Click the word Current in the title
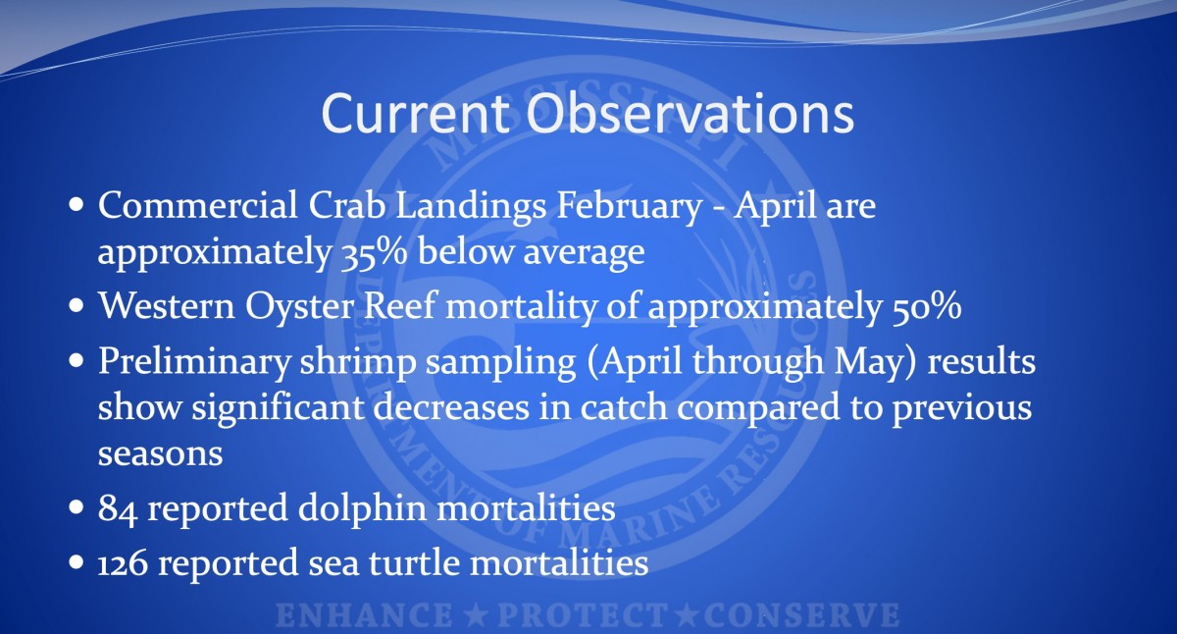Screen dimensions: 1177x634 [415, 114]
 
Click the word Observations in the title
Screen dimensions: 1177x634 [690, 113]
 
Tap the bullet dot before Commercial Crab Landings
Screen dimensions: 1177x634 [77, 204]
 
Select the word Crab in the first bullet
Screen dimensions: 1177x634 [346, 204]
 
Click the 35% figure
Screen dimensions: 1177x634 [374, 252]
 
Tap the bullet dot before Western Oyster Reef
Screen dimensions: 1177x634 [77, 305]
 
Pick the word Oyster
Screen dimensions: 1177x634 [299, 306]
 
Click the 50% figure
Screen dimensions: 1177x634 [927, 306]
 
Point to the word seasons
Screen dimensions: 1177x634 [160, 453]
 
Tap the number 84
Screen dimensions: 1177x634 [118, 508]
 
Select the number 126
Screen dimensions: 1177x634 [123, 563]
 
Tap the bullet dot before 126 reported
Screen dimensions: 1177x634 [77, 562]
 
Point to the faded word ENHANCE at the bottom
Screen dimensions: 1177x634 [364, 615]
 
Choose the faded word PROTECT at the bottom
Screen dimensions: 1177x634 [583, 615]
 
